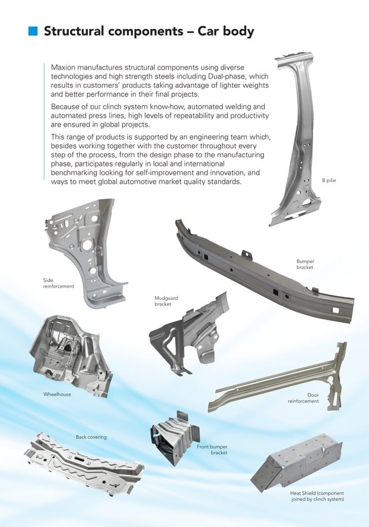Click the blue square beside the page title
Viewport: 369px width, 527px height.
(x=34, y=31)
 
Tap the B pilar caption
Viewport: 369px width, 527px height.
(x=329, y=180)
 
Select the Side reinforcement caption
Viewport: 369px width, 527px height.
(x=58, y=283)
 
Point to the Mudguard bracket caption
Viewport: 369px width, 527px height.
(x=166, y=301)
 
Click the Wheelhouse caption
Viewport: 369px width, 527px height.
(x=57, y=394)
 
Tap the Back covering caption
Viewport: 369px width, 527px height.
(x=91, y=437)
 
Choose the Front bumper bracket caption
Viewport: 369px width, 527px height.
(x=212, y=449)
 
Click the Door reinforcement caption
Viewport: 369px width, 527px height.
(x=304, y=398)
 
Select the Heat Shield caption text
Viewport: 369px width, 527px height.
(x=316, y=496)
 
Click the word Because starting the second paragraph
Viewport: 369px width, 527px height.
(x=68, y=106)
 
